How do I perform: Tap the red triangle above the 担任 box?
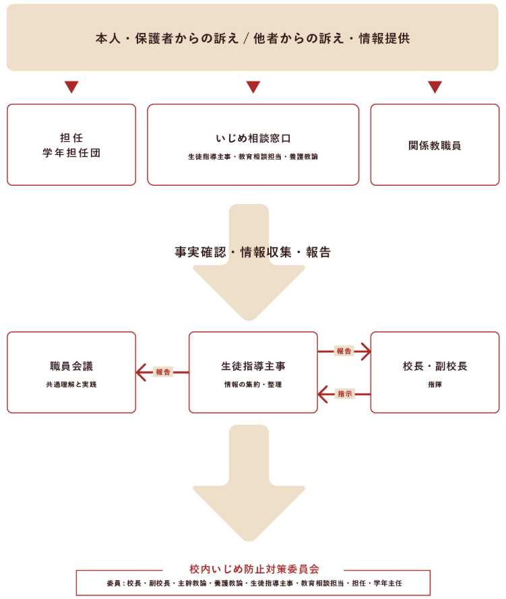coord(71,87)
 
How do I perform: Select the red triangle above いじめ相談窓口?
coord(253,87)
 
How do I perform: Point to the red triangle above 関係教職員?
coord(435,87)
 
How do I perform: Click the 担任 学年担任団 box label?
coord(71,145)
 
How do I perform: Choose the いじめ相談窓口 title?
coord(253,139)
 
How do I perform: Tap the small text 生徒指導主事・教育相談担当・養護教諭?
coord(253,157)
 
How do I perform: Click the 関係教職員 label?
coord(435,145)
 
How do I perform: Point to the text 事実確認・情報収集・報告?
coord(253,252)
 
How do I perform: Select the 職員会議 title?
coord(71,366)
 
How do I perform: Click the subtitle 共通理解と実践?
coord(71,385)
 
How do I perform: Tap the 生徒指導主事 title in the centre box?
coord(253,366)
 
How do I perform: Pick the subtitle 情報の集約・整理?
coord(253,385)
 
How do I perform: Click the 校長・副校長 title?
coord(435,366)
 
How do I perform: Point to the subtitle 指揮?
coord(435,385)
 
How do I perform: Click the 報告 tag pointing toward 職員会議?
coord(163,372)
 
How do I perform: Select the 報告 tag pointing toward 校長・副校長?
coord(344,351)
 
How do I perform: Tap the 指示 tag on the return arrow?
coord(344,393)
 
